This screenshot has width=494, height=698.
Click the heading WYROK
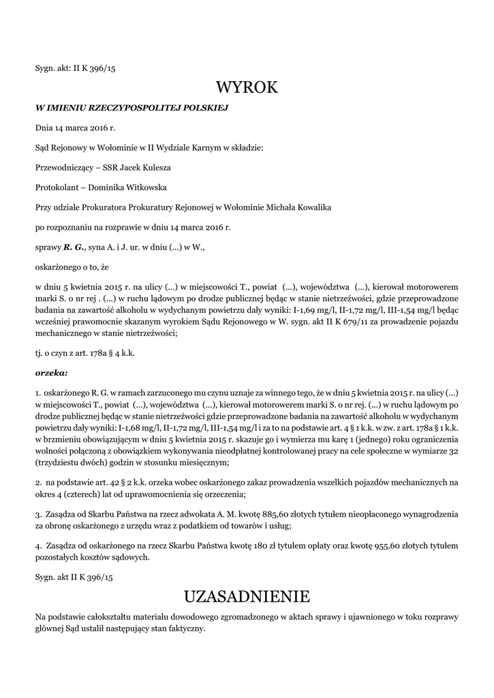(x=247, y=87)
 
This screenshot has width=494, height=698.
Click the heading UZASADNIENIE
(x=247, y=596)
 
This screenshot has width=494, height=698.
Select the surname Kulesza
(x=156, y=167)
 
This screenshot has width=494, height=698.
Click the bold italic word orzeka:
(x=51, y=373)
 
